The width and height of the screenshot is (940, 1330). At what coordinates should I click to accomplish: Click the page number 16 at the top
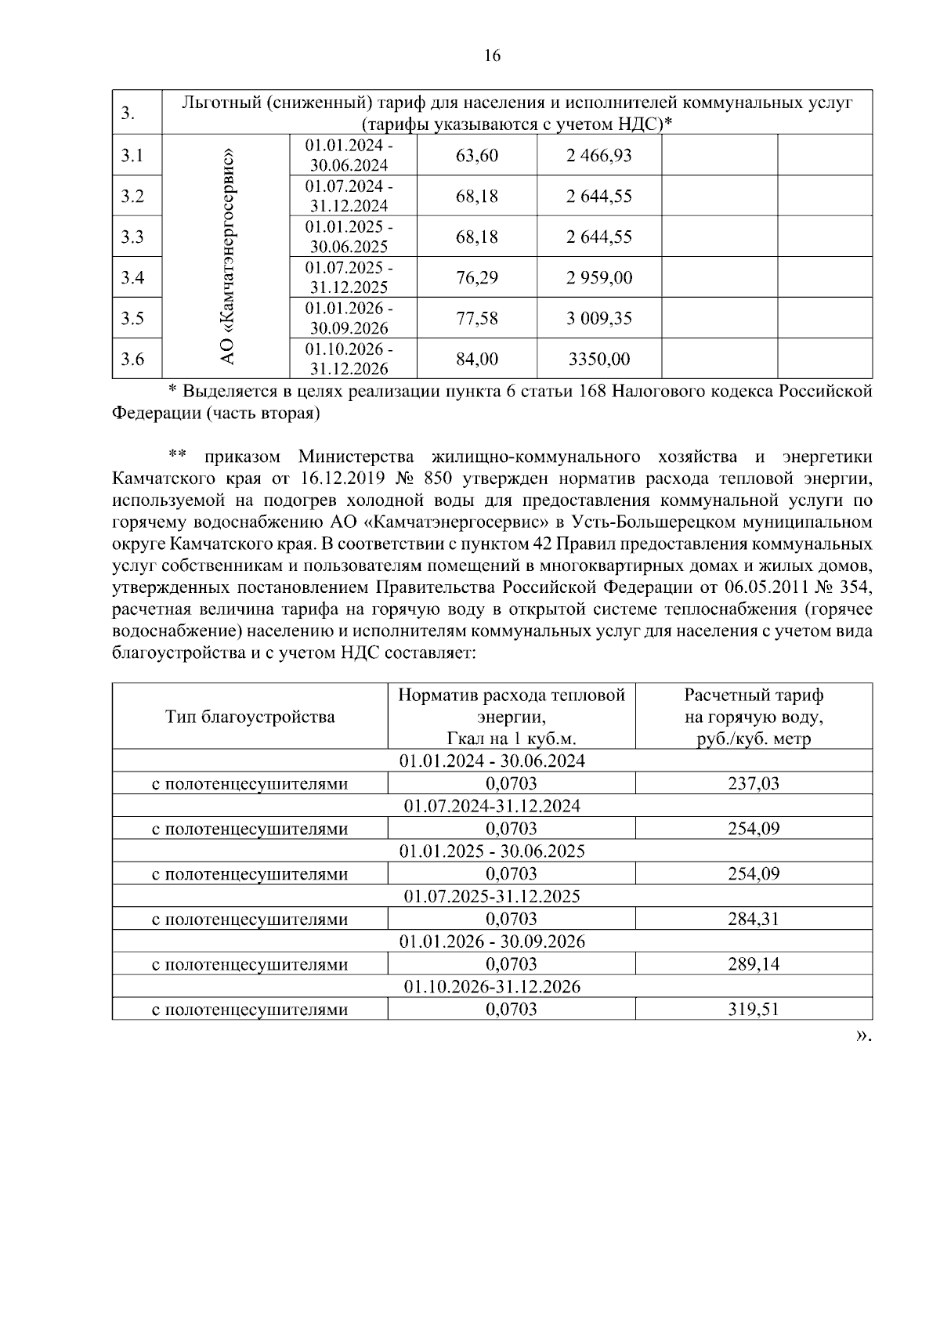pyautogui.click(x=491, y=56)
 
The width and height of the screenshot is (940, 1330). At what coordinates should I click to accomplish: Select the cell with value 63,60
pyautogui.click(x=476, y=155)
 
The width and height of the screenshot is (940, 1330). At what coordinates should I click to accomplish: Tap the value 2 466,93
pyautogui.click(x=598, y=155)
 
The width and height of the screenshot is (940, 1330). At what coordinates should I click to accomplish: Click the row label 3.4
pyautogui.click(x=132, y=278)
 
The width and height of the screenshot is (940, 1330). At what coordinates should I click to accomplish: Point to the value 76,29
pyautogui.click(x=476, y=278)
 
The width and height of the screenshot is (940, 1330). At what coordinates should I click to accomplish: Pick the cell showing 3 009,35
pyautogui.click(x=598, y=319)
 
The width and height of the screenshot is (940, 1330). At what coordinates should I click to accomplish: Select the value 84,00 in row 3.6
pyautogui.click(x=476, y=360)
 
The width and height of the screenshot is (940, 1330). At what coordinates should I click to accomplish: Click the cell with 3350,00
pyautogui.click(x=598, y=360)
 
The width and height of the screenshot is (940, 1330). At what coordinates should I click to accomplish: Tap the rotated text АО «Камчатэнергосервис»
pyautogui.click(x=226, y=257)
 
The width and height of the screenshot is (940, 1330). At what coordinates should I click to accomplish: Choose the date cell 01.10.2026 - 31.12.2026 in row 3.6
pyautogui.click(x=349, y=359)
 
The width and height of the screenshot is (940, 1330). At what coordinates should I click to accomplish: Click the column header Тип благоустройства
pyautogui.click(x=250, y=717)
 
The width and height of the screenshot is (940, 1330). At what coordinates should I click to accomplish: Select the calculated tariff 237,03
pyautogui.click(x=753, y=783)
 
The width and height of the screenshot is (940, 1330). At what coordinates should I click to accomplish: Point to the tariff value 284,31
pyautogui.click(x=753, y=919)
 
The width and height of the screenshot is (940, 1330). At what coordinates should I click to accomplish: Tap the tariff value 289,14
pyautogui.click(x=753, y=964)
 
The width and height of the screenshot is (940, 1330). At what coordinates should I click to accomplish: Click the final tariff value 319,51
pyautogui.click(x=753, y=1010)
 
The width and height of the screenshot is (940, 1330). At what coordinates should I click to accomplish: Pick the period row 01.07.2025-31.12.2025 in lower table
pyautogui.click(x=492, y=896)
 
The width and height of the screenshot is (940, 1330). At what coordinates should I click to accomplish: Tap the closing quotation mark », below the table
pyautogui.click(x=862, y=1035)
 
